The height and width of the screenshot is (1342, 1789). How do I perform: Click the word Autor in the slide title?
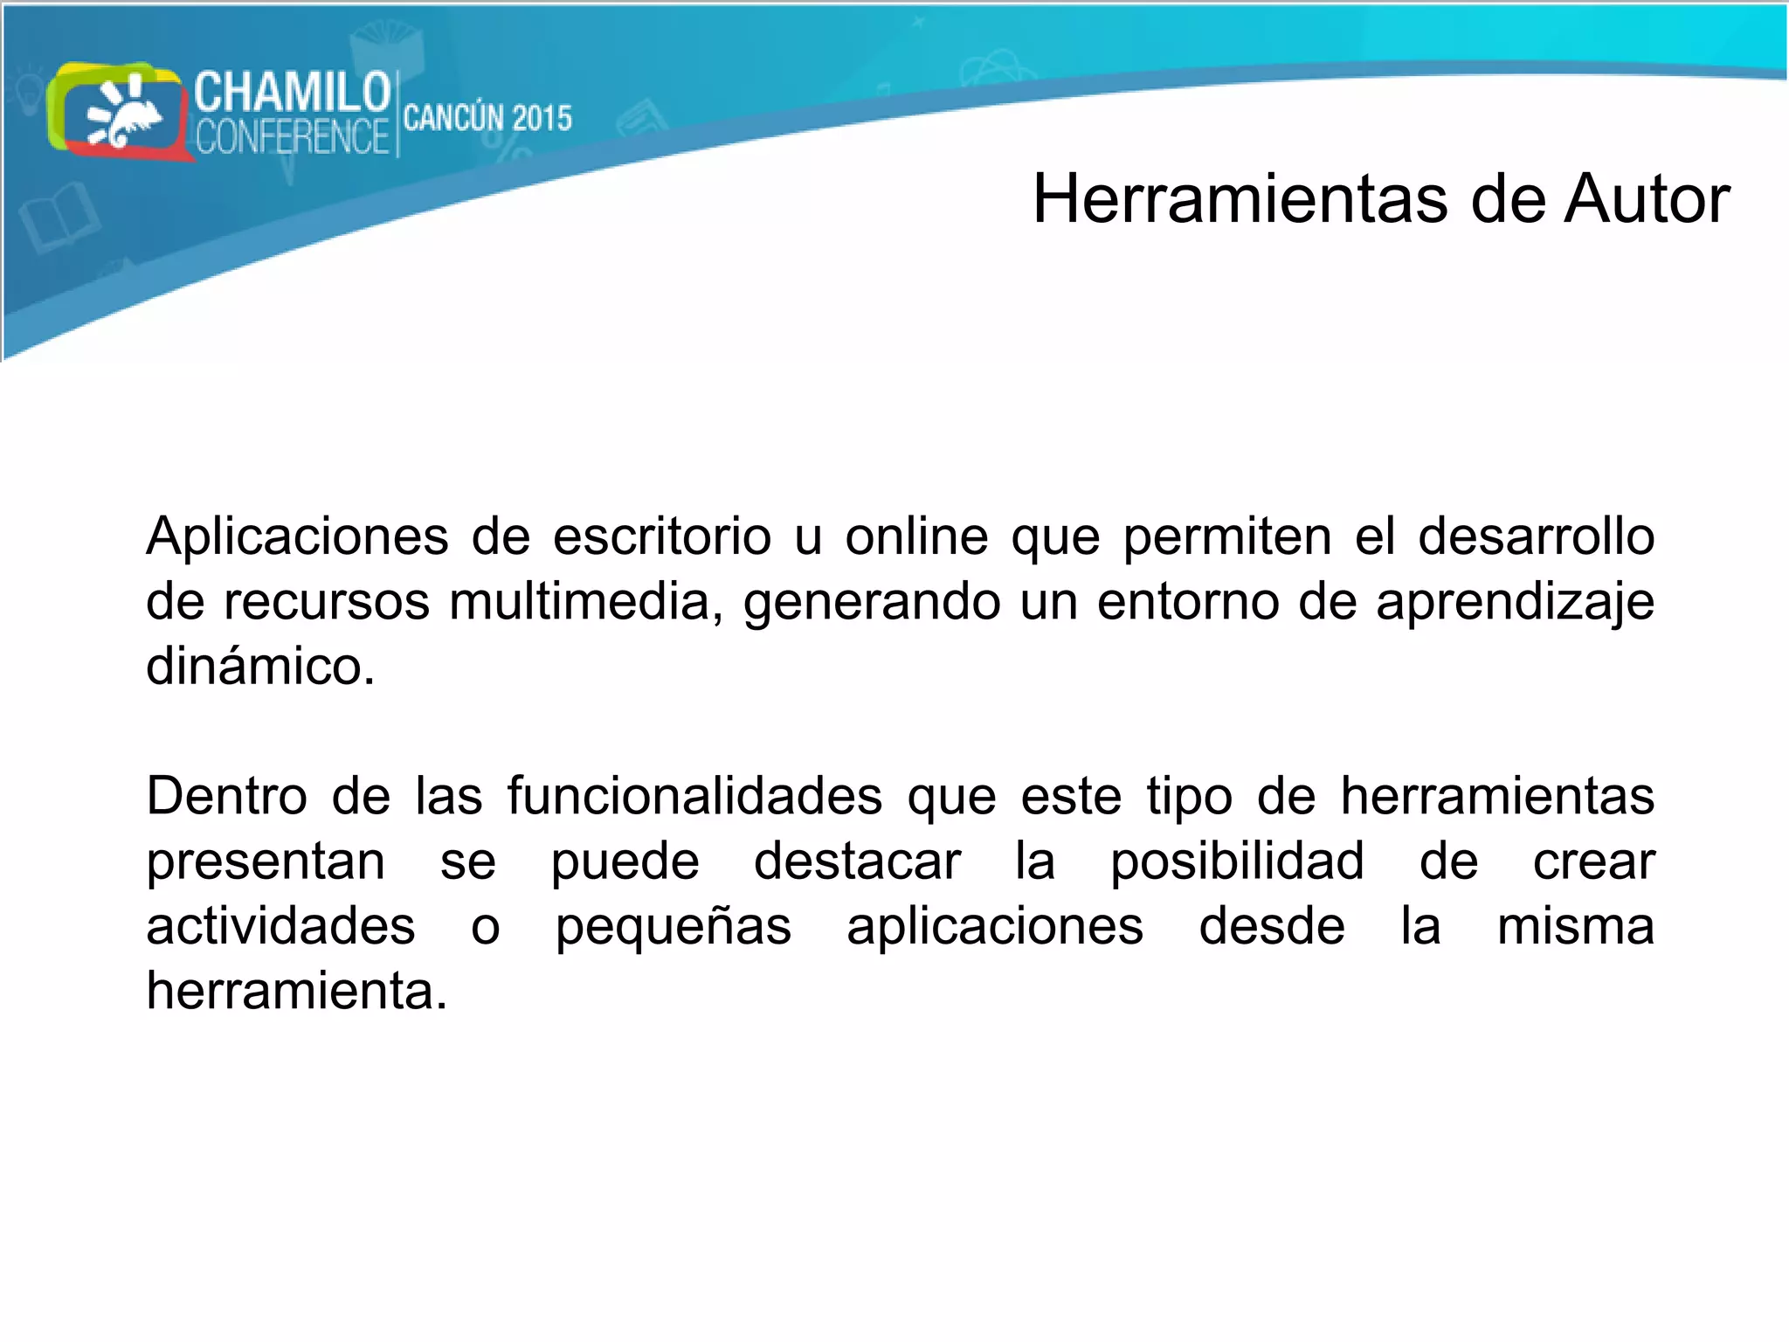[1647, 200]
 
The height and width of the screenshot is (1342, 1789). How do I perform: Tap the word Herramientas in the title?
[1240, 200]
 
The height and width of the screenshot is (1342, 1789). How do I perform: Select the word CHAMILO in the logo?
[292, 93]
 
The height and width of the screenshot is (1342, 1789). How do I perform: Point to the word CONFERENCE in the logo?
[292, 137]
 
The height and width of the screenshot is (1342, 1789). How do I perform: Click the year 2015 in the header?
[542, 118]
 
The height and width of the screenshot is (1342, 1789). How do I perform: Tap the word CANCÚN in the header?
[452, 118]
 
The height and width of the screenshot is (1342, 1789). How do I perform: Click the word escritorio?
[662, 536]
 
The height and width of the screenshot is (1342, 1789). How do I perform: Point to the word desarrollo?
[1536, 536]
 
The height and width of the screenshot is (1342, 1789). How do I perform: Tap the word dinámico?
[260, 666]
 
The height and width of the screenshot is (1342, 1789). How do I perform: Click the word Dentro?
[226, 796]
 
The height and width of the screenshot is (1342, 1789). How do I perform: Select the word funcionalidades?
[694, 796]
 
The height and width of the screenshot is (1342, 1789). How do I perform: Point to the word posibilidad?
[1237, 862]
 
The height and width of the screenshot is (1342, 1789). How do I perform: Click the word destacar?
[857, 861]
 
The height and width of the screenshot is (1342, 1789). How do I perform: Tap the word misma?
[1575, 926]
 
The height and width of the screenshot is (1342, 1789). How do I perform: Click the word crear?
[1593, 861]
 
